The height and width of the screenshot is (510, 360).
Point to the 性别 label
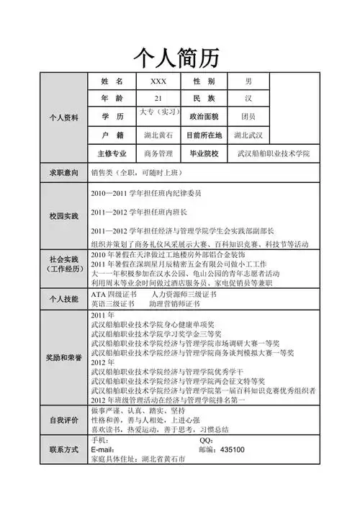point(204,81)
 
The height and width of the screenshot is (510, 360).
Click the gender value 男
point(248,81)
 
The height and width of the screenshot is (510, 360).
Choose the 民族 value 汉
point(248,99)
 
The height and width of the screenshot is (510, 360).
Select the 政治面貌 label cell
point(204,117)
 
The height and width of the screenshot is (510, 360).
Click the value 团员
point(248,117)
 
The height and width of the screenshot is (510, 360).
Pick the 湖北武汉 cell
point(248,135)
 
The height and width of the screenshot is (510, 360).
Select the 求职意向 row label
point(63,173)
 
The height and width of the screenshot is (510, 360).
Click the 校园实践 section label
point(63,215)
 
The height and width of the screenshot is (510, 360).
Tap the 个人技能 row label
point(63,299)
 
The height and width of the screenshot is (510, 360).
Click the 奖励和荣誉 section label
point(63,357)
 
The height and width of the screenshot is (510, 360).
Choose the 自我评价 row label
point(63,420)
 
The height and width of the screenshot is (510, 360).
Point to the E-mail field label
point(105,449)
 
